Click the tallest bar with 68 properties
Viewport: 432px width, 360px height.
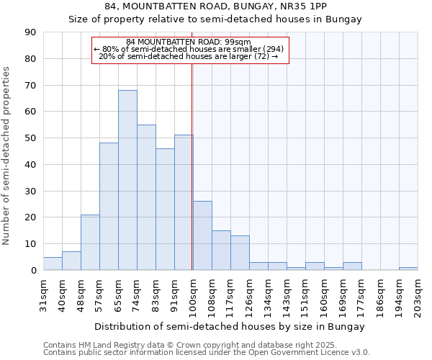coord(127,180)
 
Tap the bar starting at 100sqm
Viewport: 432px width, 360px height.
coord(202,235)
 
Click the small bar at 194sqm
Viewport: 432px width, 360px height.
coord(408,269)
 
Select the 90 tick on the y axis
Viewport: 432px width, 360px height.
coord(31,32)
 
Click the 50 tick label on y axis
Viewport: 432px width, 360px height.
coord(31,138)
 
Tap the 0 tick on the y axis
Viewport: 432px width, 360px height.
coord(33,270)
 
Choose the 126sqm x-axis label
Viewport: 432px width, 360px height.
coord(249,295)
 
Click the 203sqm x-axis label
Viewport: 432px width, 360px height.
coord(418,295)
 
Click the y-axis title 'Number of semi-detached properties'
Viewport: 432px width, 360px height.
coord(6,155)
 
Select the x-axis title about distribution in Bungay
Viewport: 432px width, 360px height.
coord(230,327)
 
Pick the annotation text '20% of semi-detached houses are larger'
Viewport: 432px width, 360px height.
coord(188,56)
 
